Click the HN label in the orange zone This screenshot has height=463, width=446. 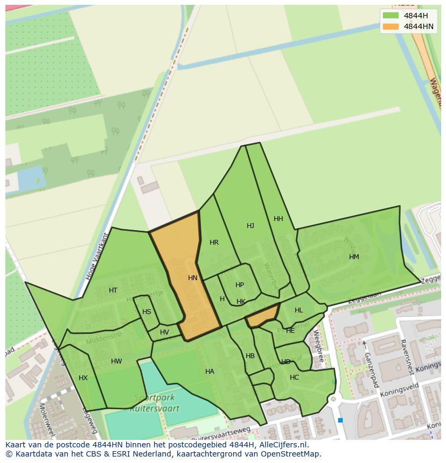click(193, 278)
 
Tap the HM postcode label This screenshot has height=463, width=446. click(354, 257)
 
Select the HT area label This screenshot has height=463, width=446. click(113, 290)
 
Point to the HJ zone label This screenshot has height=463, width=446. click(250, 226)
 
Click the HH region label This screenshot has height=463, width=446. click(278, 219)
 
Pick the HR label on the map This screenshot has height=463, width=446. click(214, 243)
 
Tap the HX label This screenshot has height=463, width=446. click(83, 378)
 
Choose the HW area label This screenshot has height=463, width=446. click(116, 361)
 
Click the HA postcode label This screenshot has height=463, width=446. click(210, 372)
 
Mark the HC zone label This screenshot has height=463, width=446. click(294, 377)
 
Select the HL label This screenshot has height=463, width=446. click(299, 310)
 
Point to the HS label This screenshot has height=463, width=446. click(147, 312)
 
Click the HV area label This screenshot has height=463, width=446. click(164, 332)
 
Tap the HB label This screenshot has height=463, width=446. click(250, 356)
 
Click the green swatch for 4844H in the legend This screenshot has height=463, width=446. click(391, 16)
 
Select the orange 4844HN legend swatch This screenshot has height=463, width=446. click(391, 26)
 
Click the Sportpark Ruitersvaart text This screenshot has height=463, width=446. click(155, 404)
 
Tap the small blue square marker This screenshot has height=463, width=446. click(340, 420)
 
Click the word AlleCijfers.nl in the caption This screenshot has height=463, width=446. click(282, 445)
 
